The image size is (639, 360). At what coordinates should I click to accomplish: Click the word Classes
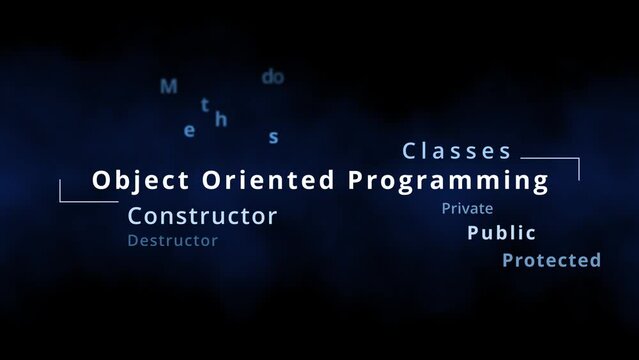pyautogui.click(x=457, y=152)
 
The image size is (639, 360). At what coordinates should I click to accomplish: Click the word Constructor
pyautogui.click(x=203, y=215)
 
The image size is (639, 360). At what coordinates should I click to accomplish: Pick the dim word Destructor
pyautogui.click(x=172, y=241)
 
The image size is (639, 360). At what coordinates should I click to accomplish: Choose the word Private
pyautogui.click(x=467, y=209)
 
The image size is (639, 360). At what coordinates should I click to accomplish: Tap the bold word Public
pyautogui.click(x=501, y=233)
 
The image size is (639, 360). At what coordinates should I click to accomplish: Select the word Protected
pyautogui.click(x=551, y=261)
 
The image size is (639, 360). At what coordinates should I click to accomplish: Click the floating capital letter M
pyautogui.click(x=169, y=87)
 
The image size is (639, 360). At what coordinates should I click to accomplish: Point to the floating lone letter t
pyautogui.click(x=205, y=104)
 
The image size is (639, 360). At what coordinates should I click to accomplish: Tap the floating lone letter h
pyautogui.click(x=221, y=120)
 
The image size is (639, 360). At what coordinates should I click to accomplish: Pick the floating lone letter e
pyautogui.click(x=190, y=130)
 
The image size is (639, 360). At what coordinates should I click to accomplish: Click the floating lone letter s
pyautogui.click(x=273, y=138)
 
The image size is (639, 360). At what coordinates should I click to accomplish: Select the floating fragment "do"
pyautogui.click(x=272, y=77)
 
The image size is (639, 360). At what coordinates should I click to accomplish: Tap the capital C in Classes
pyautogui.click(x=409, y=152)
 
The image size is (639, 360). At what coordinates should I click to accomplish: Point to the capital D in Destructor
pyautogui.click(x=133, y=241)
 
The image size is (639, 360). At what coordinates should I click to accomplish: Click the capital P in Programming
pyautogui.click(x=356, y=181)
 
